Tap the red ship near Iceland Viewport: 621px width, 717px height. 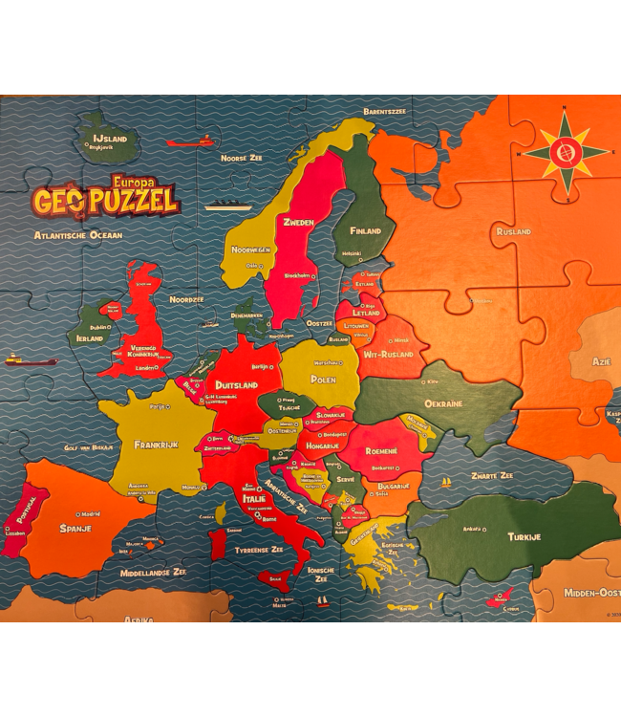pos(191,142)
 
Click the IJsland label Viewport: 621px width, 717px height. pos(110,139)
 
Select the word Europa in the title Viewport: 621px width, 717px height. pos(133,179)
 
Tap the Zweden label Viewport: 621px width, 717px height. pos(298,223)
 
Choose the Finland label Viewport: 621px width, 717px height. pos(365,231)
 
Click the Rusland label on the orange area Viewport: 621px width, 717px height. pos(513,231)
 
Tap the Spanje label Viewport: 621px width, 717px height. pos(75,528)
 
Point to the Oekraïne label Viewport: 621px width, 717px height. pos(443,403)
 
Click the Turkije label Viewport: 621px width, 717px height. pos(524,536)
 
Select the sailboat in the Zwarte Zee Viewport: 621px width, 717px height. pos(445,483)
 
